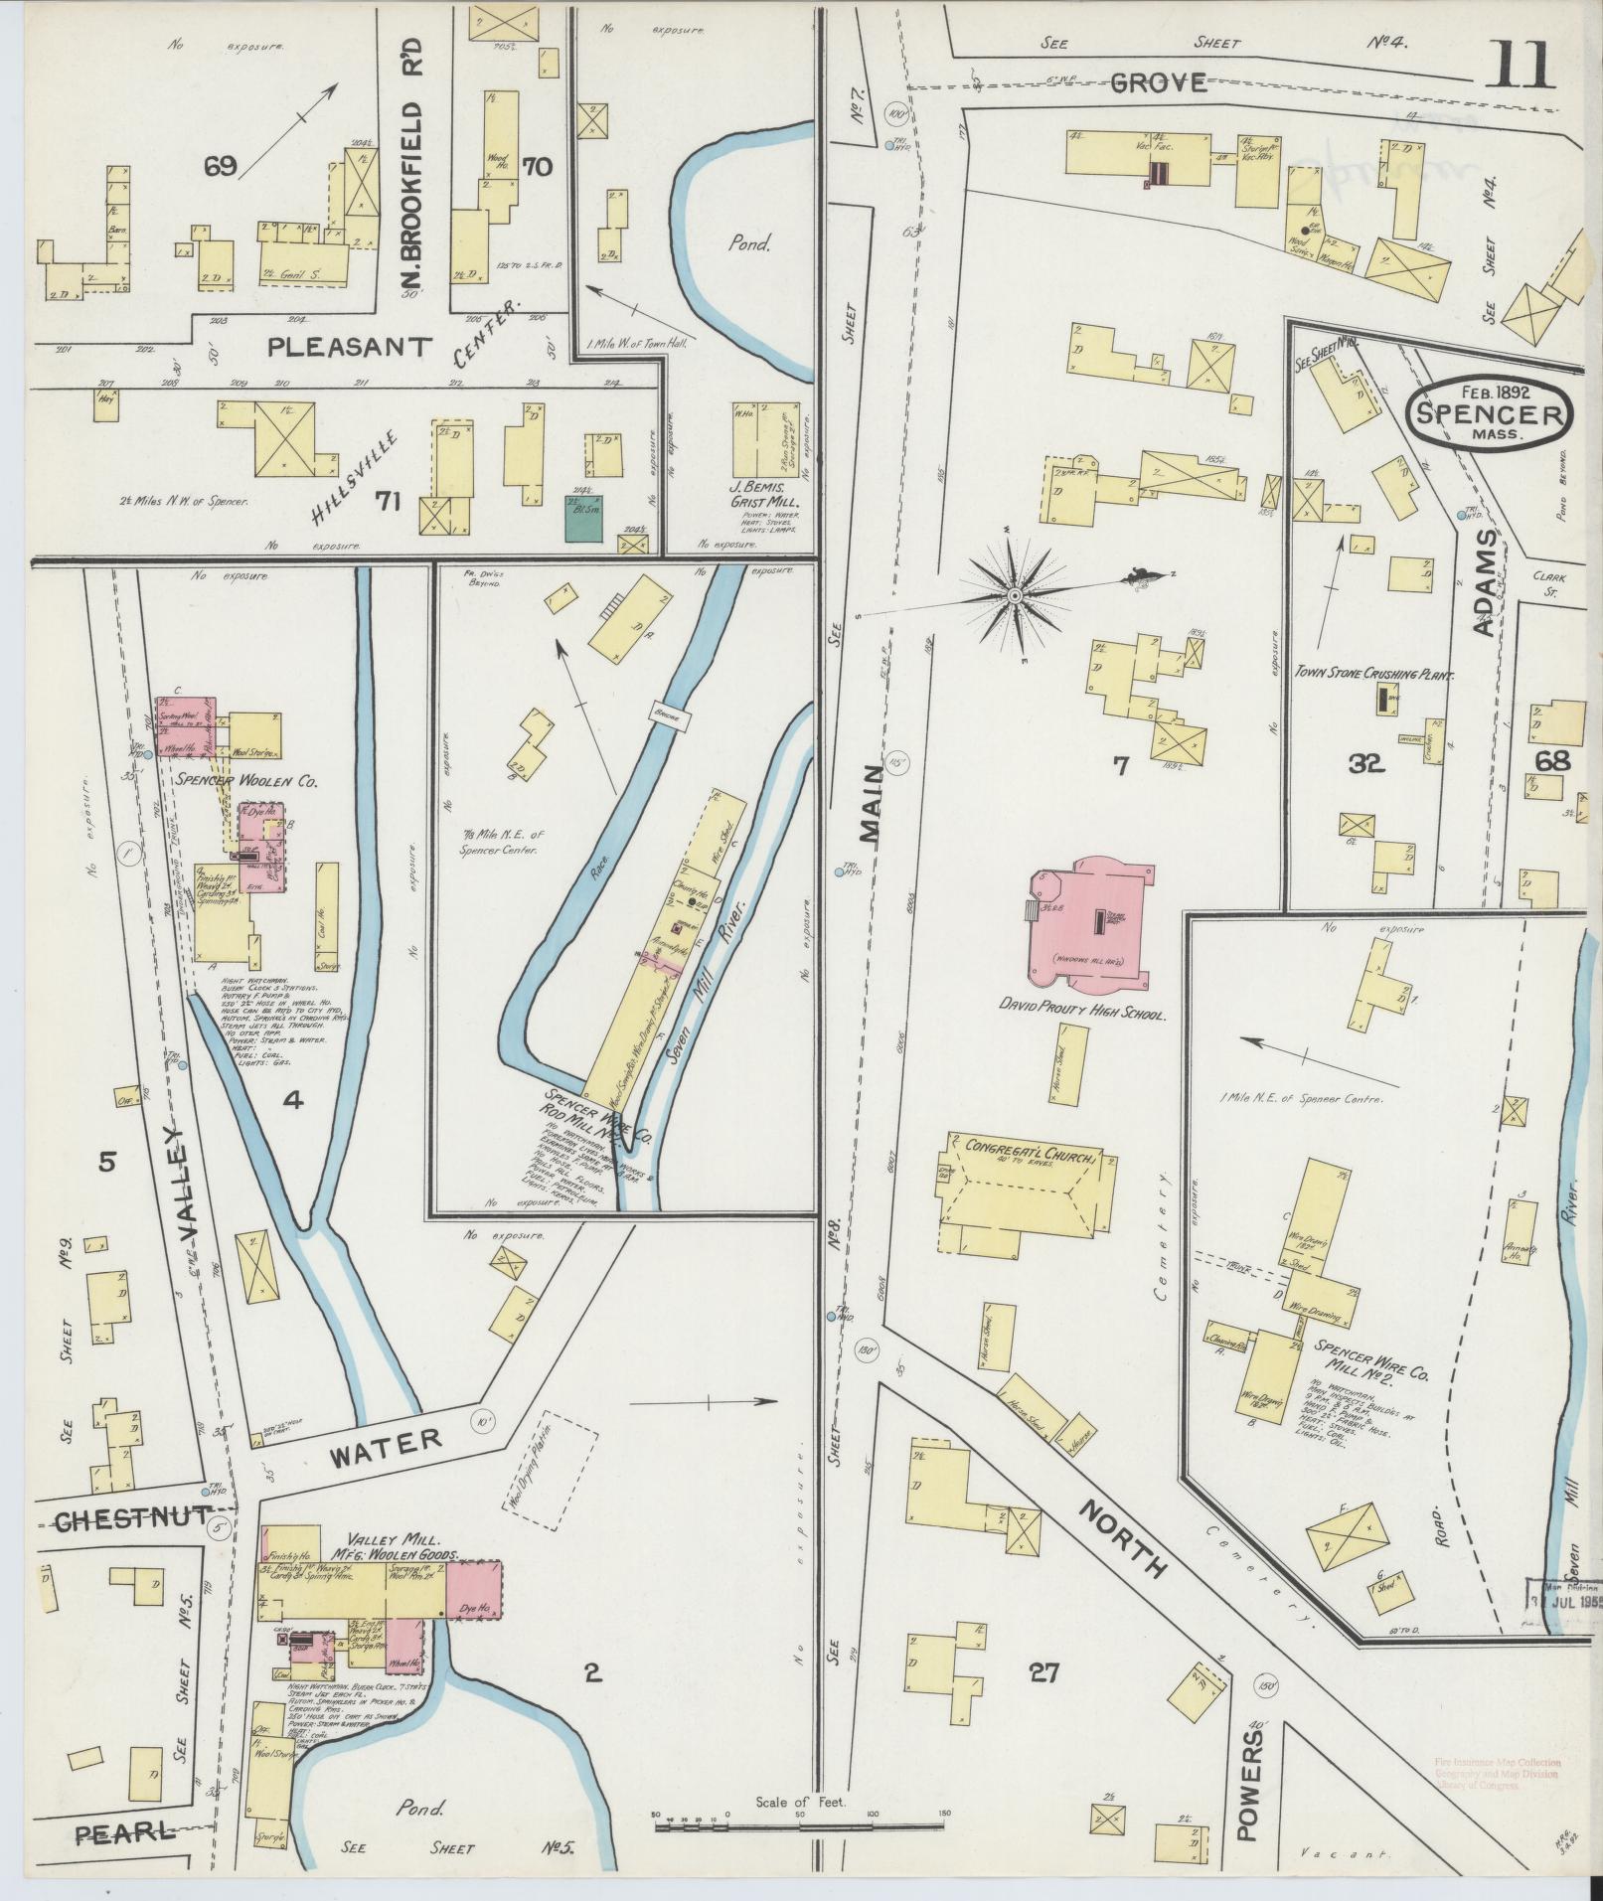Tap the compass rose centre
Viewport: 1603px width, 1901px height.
tap(1015, 595)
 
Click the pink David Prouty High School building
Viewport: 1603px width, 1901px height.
tap(1092, 924)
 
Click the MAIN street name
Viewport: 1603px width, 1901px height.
tap(872, 804)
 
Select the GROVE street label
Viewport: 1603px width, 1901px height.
tap(1157, 82)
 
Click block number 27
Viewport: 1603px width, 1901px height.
tap(1042, 1672)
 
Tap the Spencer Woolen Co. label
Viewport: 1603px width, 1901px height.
tap(245, 782)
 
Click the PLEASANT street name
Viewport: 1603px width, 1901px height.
tap(351, 346)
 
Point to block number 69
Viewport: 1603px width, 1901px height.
tap(220, 166)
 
